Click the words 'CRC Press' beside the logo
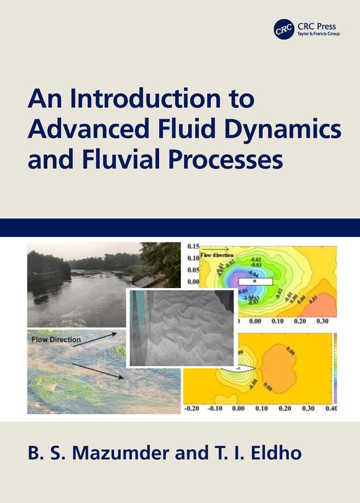(314, 26)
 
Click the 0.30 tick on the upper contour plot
(322, 322)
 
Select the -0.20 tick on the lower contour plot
(192, 409)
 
